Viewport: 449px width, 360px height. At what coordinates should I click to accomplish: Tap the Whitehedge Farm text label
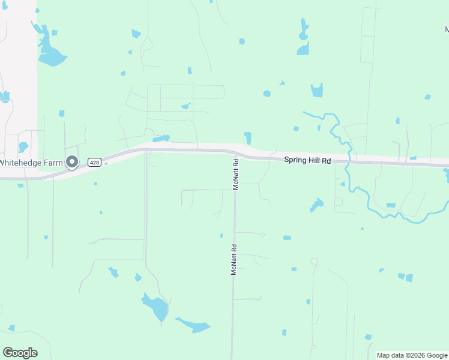(x=31, y=162)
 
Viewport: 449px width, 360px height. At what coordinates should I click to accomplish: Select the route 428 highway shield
(x=94, y=162)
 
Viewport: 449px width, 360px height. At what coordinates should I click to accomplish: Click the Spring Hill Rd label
(x=307, y=160)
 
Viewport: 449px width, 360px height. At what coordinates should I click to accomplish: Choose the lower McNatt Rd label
(x=234, y=259)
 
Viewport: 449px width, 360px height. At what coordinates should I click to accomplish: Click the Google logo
(x=20, y=353)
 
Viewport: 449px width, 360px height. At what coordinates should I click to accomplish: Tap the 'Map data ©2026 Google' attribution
(x=411, y=355)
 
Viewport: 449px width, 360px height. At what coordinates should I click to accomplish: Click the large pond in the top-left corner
(x=51, y=56)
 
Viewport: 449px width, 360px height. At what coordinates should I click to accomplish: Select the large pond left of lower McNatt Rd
(x=157, y=308)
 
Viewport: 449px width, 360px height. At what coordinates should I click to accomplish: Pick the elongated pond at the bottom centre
(x=194, y=326)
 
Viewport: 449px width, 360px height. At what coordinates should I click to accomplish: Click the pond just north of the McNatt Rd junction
(x=247, y=137)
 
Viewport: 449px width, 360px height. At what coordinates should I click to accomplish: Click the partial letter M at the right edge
(x=447, y=28)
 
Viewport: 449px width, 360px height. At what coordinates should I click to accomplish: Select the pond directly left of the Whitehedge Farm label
(x=23, y=147)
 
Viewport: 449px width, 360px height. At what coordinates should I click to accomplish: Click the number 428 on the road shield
(x=94, y=162)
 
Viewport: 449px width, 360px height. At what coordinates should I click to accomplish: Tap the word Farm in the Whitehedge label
(x=52, y=162)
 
